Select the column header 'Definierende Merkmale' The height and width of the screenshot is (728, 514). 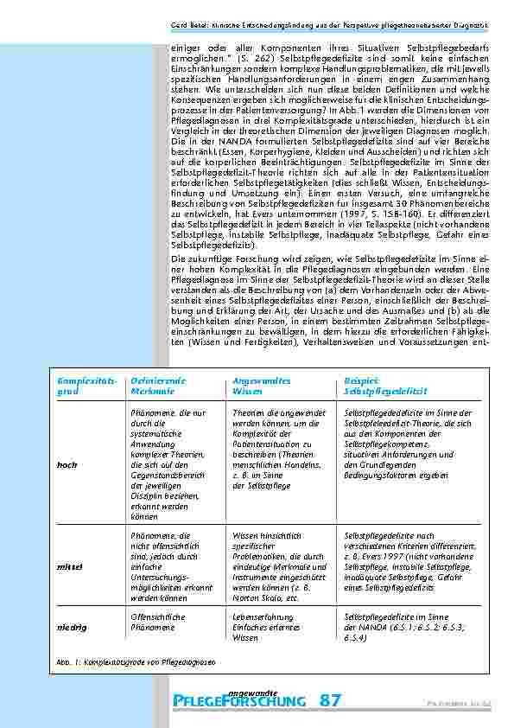click(x=158, y=386)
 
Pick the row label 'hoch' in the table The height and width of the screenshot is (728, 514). click(x=67, y=465)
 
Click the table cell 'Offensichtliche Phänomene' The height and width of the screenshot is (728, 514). click(x=157, y=622)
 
